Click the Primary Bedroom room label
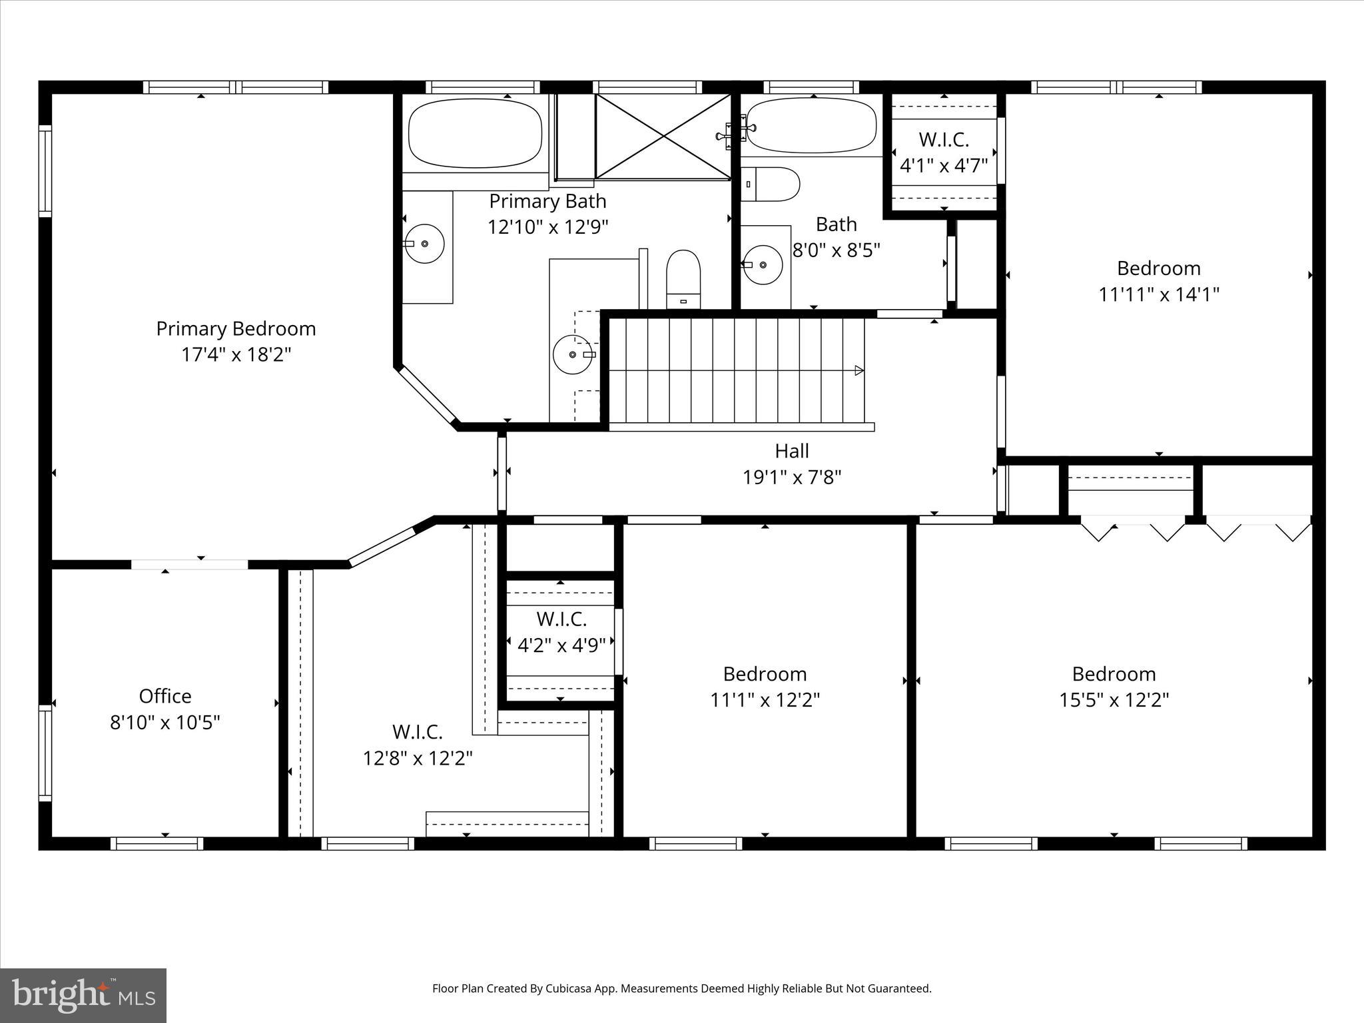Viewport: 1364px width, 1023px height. (x=236, y=329)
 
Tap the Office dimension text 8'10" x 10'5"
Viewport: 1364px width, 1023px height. (x=165, y=723)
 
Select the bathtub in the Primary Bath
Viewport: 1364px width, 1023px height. (x=475, y=133)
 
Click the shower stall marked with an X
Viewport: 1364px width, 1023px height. (x=663, y=137)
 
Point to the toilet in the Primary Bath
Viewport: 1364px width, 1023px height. (x=683, y=280)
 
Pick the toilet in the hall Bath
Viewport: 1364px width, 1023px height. (x=770, y=184)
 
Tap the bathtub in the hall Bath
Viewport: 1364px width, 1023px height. (x=811, y=125)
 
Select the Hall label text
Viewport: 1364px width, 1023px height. (x=792, y=452)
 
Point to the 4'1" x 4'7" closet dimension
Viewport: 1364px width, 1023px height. (x=944, y=165)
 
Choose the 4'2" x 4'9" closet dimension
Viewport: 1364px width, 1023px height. (x=561, y=645)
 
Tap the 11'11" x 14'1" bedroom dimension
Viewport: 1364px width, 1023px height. (x=1159, y=294)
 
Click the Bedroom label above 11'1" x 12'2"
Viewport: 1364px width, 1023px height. (x=765, y=674)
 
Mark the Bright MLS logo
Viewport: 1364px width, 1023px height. (x=83, y=996)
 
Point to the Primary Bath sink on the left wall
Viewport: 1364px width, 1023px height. (x=425, y=244)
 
